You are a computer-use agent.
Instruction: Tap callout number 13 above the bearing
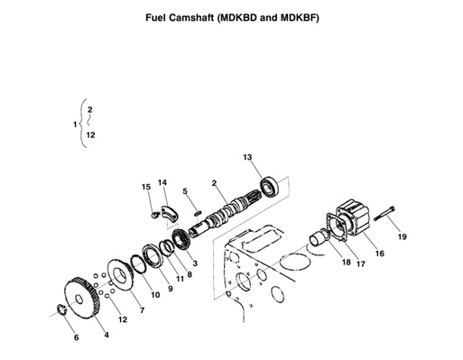245,158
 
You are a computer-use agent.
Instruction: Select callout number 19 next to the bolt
403,237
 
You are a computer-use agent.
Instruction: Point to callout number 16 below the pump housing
379,254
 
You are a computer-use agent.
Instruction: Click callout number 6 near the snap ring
76,337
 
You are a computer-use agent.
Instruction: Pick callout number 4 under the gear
106,336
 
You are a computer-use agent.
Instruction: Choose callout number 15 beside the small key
145,187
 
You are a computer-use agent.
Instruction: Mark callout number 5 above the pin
184,191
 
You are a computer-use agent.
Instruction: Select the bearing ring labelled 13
269,188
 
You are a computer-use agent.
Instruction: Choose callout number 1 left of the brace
74,123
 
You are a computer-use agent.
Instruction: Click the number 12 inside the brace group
91,135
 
